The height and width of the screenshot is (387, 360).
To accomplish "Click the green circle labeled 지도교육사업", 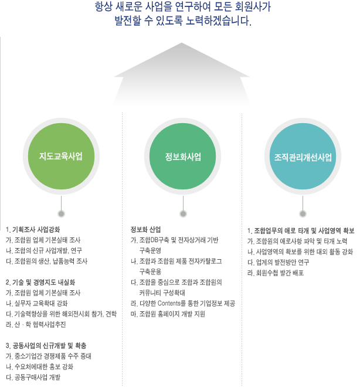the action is coord(61,156).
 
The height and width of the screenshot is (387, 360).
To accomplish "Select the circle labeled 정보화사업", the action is coord(182,156).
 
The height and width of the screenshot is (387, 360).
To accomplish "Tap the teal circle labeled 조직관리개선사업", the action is coord(303,156).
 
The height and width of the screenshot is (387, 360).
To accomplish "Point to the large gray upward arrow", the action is coord(182,74).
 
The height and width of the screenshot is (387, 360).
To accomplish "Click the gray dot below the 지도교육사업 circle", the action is coord(61,214).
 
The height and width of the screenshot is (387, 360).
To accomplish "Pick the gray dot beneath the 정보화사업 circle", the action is coord(183,214).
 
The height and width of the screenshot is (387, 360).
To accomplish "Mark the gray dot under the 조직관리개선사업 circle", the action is coord(303,214).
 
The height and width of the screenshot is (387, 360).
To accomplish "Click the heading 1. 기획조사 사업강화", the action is coord(33,230).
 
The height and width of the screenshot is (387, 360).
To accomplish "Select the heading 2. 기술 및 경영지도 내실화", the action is coord(40,283).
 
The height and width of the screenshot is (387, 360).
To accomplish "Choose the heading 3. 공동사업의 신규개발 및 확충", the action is coord(46,346).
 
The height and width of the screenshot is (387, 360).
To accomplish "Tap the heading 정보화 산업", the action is coord(145,229).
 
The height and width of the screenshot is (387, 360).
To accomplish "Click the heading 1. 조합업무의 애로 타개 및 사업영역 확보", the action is coord(301,231).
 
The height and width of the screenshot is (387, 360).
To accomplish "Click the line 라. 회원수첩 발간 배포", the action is coord(276,273).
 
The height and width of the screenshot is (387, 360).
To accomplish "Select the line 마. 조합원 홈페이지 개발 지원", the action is coord(168,314).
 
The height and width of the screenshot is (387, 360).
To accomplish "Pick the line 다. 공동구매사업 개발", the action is coord(33,378).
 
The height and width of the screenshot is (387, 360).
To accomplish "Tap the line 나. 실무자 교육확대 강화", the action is coord(37,303).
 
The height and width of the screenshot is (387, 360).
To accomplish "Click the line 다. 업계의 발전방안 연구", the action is coord(278,262).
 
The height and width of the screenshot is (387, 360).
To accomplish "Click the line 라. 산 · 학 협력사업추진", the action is coord(36,325).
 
